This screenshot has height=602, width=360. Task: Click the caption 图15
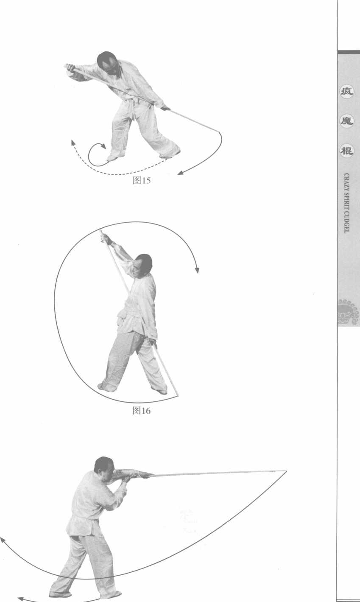[142, 180]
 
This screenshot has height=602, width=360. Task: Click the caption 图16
[141, 411]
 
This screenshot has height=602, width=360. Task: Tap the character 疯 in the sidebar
[346, 92]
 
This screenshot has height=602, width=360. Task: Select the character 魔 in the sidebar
[346, 121]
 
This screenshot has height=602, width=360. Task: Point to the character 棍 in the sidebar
[346, 151]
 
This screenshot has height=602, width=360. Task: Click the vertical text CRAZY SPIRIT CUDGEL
[346, 203]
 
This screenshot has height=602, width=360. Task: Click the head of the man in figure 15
[107, 63]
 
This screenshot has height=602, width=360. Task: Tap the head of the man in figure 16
[142, 266]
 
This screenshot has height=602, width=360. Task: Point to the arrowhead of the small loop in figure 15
[103, 146]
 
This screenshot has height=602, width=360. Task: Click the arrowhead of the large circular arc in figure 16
[197, 270]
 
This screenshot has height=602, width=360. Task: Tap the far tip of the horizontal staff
[286, 471]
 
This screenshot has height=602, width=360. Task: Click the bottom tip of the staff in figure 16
[177, 396]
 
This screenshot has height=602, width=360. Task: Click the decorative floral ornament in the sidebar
[349, 311]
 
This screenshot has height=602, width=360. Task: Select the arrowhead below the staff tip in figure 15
[180, 173]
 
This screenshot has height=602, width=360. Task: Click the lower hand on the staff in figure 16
[153, 342]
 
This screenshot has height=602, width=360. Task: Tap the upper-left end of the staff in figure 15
[65, 66]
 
